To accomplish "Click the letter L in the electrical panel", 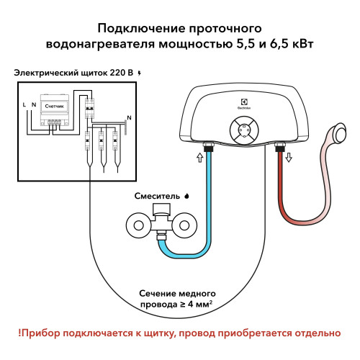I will click(x=25, y=105).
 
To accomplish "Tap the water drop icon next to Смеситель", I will click(x=187, y=195).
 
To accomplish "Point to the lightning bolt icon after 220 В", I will click(x=140, y=73).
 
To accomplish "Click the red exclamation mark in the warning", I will click(x=21, y=333).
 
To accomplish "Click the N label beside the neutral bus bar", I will click(x=129, y=117).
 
